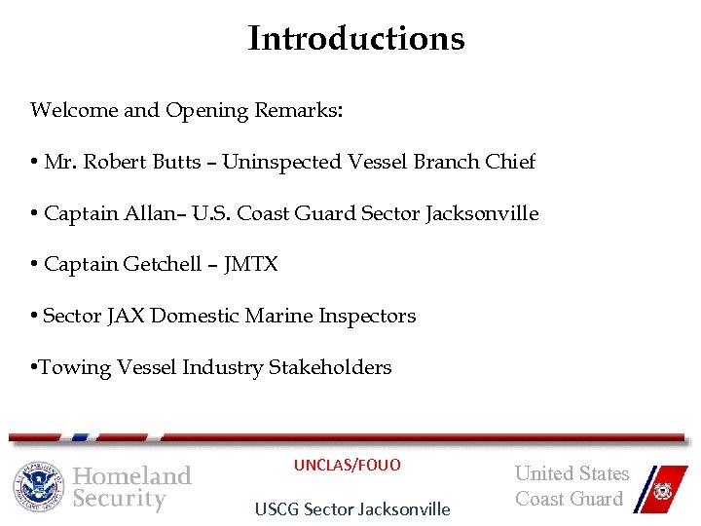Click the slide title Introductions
pos(356,39)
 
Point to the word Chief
pos(509,162)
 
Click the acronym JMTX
pos(250,265)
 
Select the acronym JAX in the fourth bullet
pos(125,316)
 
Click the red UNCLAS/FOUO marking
pos(348,465)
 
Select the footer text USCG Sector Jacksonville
pos(352,508)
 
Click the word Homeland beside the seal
pos(132,475)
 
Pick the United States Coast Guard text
pos(572,486)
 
